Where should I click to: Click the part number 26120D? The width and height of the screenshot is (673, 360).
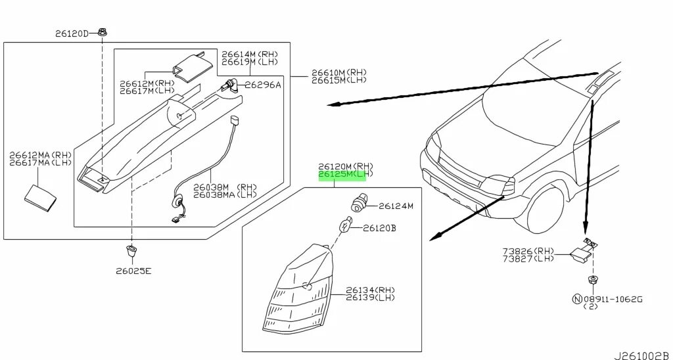(x=70, y=32)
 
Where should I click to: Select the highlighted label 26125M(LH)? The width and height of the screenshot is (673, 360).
(x=346, y=175)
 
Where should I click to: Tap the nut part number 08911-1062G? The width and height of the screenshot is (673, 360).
(x=612, y=299)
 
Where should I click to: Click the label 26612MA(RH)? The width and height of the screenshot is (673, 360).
(x=40, y=155)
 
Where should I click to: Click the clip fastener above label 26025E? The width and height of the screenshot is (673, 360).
(x=131, y=250)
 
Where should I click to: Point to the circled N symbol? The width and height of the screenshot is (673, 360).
(x=578, y=299)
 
